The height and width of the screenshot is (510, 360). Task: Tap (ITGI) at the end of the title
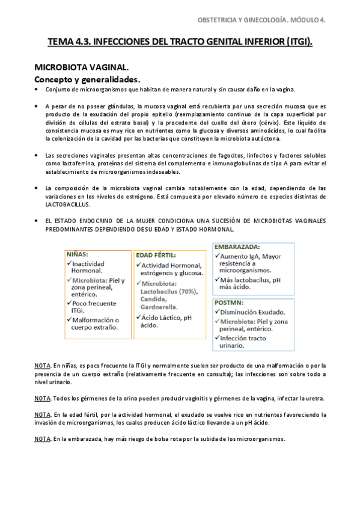coord(299,42)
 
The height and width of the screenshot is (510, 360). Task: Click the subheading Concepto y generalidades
coord(87,79)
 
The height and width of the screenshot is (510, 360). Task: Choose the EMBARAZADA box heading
coord(238,247)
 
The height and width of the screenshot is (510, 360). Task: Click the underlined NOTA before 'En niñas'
coord(42,365)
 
